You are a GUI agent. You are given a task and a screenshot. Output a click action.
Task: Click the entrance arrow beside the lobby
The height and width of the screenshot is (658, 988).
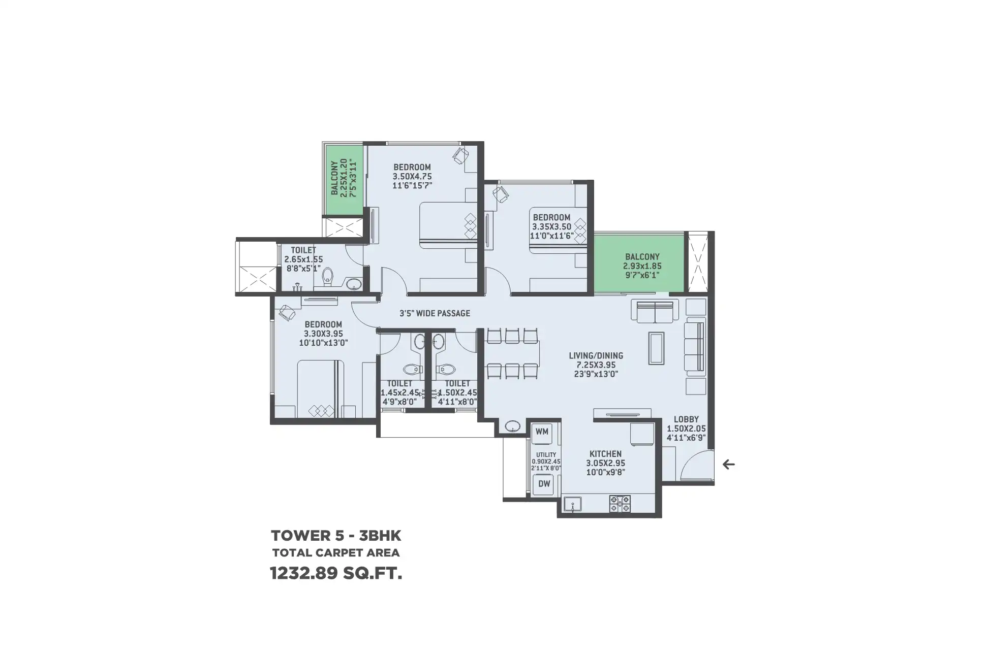click(729, 464)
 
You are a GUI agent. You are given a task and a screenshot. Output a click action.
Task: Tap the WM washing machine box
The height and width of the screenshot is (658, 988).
click(542, 432)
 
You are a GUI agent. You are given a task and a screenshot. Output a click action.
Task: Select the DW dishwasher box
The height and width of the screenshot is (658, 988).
click(544, 484)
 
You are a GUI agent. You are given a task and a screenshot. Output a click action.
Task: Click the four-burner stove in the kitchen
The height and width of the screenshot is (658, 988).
click(620, 503)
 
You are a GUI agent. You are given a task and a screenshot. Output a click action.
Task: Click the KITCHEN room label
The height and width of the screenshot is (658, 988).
click(605, 454)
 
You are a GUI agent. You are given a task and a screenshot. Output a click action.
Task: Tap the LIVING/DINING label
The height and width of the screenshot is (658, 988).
click(596, 355)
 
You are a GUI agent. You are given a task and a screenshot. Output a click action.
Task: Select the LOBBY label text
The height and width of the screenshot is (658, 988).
click(686, 419)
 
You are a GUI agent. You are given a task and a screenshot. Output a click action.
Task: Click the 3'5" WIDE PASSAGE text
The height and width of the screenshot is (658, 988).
click(435, 313)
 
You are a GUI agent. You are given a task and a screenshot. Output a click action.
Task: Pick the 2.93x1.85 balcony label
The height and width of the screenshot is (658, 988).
click(642, 266)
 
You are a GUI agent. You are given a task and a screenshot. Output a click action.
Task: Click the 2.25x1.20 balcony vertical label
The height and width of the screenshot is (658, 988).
click(344, 178)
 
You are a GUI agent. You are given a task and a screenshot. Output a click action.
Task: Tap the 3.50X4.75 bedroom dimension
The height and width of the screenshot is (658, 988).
click(412, 176)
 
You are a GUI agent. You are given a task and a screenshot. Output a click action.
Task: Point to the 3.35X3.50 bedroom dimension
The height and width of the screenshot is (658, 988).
click(551, 226)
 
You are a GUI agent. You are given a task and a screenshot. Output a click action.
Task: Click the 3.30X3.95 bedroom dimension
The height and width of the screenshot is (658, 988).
click(323, 334)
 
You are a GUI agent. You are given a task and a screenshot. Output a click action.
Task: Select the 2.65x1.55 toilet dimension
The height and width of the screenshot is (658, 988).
click(303, 259)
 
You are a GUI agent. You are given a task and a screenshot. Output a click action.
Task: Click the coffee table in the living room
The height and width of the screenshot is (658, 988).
click(656, 348)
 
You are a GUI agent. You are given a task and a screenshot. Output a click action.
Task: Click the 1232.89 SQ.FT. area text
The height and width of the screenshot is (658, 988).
click(336, 574)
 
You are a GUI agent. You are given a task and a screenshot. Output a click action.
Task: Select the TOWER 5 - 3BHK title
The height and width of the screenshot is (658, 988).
click(336, 536)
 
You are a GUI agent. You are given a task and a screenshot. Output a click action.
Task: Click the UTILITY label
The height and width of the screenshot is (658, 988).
click(546, 455)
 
